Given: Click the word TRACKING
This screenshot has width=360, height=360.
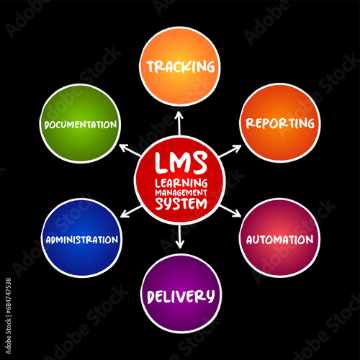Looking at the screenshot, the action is (x=181, y=66).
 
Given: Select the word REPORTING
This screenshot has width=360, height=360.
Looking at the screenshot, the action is (x=280, y=123).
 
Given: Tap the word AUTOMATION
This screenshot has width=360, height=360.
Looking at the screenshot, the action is (x=280, y=240).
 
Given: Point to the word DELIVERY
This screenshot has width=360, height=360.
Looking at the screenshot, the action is (x=181, y=297).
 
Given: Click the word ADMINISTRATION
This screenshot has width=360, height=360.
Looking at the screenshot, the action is (x=82, y=240).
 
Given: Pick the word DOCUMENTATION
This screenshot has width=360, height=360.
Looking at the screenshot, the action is (x=81, y=125).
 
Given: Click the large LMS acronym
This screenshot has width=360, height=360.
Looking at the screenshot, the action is (x=181, y=163).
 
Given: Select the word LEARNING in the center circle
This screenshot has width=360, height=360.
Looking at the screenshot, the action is (x=181, y=184).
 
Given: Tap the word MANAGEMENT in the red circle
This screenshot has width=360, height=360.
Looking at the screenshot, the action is (x=181, y=193).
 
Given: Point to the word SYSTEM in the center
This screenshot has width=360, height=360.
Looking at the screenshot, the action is (x=181, y=204).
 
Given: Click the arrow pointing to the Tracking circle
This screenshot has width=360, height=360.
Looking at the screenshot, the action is (x=179, y=123).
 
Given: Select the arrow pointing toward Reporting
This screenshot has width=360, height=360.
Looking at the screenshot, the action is (x=230, y=151).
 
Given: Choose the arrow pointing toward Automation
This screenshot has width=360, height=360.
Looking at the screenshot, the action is (x=230, y=211).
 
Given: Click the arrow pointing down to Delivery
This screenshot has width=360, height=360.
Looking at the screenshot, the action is (x=180, y=237).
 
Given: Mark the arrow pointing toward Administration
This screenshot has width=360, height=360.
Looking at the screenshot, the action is (x=131, y=212).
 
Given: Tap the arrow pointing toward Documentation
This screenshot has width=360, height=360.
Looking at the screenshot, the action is (x=130, y=150).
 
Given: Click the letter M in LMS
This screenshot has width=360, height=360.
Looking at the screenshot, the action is (x=181, y=163).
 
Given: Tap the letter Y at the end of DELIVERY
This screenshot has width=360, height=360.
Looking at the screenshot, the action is (x=210, y=297).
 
